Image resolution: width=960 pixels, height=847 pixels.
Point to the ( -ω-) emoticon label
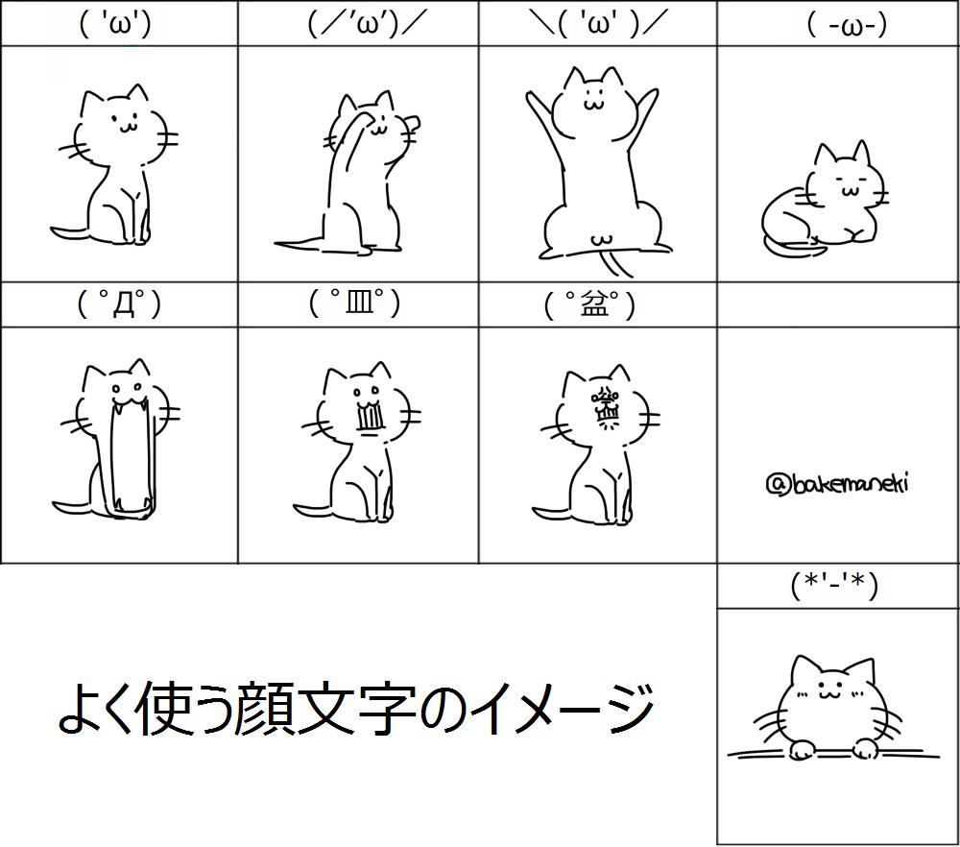846,23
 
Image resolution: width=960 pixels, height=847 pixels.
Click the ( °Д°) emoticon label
118,304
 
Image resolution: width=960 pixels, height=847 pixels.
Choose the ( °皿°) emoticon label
354,304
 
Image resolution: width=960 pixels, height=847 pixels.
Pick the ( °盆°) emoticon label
589,305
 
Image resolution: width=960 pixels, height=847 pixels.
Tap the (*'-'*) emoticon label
834,585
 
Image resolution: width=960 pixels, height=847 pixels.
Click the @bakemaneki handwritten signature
837,483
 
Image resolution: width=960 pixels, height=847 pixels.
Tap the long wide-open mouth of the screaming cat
129,456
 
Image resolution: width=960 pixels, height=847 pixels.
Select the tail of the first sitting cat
69,232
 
